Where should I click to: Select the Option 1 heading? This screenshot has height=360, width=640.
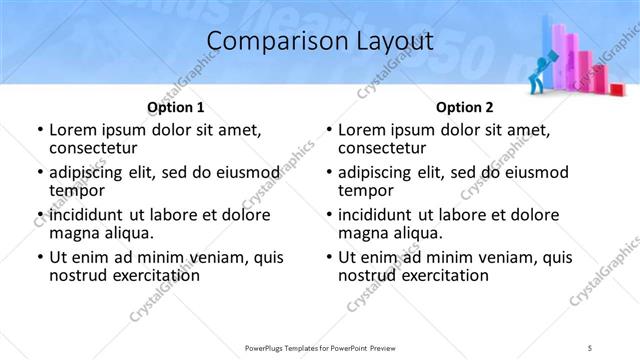[175, 107]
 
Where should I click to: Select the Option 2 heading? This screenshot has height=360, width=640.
[464, 107]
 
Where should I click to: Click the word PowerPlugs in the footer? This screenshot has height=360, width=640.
[267, 347]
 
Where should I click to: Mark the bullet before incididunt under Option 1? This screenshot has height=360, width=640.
[40, 215]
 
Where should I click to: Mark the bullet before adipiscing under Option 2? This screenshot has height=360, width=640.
[329, 172]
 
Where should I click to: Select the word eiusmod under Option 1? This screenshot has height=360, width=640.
[236, 172]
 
